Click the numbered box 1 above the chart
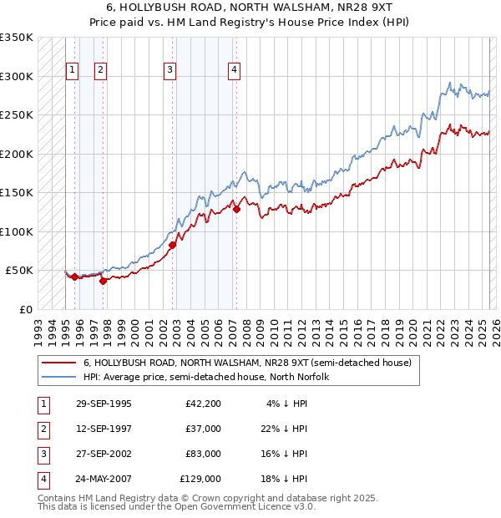(73, 70)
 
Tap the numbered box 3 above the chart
(170, 70)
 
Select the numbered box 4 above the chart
(234, 70)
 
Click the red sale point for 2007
(236, 210)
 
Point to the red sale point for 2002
(172, 245)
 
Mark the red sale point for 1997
(103, 281)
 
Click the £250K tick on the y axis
(17, 115)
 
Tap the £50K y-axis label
(20, 271)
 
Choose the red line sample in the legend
(58, 363)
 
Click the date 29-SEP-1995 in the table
(104, 404)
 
